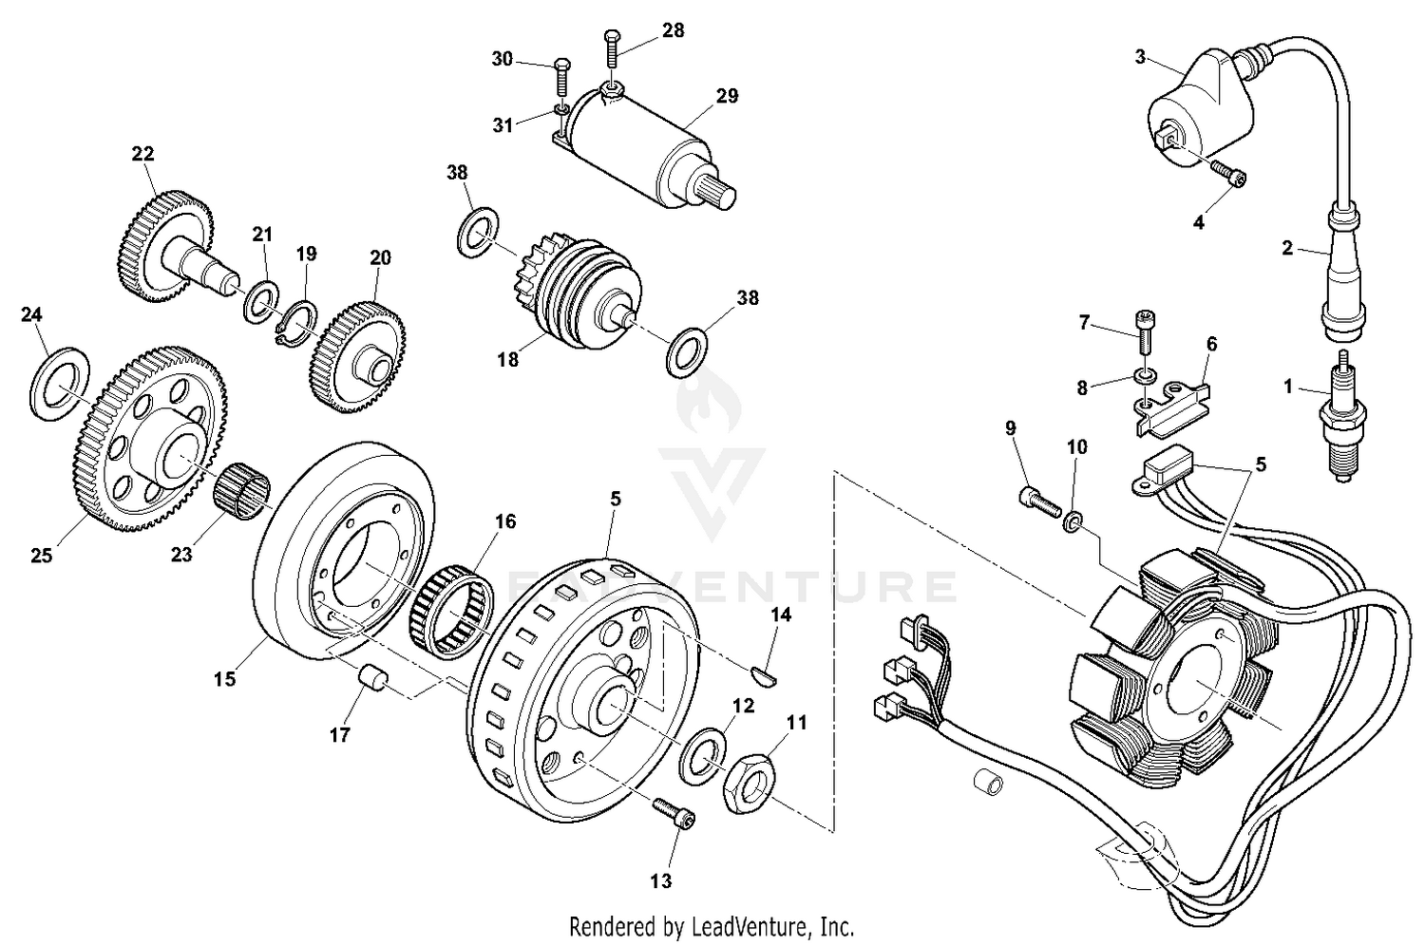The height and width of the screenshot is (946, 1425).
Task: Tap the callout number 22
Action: pyautogui.click(x=142, y=153)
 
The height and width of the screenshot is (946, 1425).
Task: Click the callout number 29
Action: pyautogui.click(x=727, y=96)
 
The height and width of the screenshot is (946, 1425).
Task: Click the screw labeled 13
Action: pyautogui.click(x=674, y=813)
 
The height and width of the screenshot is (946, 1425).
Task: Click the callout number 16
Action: pyautogui.click(x=504, y=521)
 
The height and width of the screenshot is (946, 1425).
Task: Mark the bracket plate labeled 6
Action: pyautogui.click(x=1169, y=406)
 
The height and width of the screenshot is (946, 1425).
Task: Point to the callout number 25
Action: pyautogui.click(x=41, y=556)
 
